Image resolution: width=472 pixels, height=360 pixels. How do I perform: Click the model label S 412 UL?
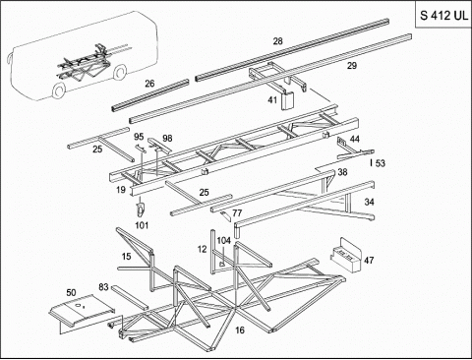point(444,15)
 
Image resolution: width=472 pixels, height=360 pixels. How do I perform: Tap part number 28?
point(277,41)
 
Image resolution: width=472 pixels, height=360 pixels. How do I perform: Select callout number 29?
point(352,66)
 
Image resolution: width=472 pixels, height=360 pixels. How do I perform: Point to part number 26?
point(149,84)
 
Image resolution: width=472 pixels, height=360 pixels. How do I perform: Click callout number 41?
point(272,100)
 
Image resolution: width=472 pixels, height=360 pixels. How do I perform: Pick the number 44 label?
point(355,139)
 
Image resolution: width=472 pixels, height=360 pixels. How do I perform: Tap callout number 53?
point(381,163)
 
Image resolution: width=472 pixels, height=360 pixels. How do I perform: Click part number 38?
point(342,172)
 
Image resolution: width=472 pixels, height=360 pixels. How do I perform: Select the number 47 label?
point(369,261)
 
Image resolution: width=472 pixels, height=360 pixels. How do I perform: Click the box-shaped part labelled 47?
point(346,255)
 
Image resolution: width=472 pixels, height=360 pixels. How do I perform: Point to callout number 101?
point(142,225)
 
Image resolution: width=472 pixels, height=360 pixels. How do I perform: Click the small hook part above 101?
point(141,209)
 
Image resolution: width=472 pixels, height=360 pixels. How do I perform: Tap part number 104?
point(224,241)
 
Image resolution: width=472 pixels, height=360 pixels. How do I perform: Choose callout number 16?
point(240,330)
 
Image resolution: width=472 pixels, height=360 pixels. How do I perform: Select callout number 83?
point(103,287)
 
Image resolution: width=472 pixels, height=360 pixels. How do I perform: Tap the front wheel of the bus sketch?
point(59,90)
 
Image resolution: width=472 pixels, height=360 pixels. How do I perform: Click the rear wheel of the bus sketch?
point(120,72)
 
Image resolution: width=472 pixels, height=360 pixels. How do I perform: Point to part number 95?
point(139,137)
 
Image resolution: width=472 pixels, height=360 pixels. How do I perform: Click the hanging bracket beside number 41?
point(288,101)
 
